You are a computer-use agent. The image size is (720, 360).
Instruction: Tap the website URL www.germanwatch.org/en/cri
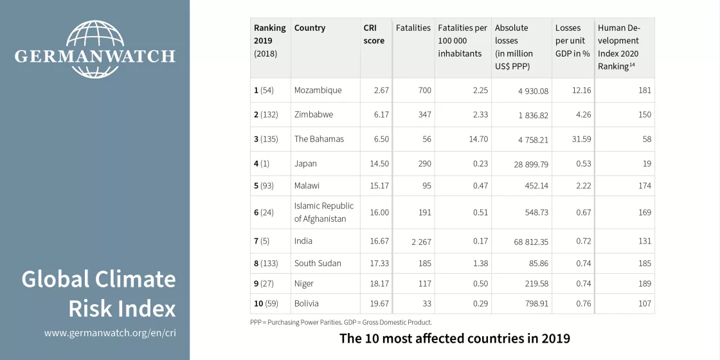click(110, 333)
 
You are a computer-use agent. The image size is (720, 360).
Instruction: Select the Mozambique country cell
click(318, 91)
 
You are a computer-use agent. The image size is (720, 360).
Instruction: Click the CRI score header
click(373, 35)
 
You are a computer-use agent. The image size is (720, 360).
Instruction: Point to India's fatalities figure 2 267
click(421, 242)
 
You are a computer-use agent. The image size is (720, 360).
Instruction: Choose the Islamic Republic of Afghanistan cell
click(324, 212)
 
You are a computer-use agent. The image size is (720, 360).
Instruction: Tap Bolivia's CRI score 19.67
click(377, 303)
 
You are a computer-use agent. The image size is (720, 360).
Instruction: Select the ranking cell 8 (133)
click(265, 264)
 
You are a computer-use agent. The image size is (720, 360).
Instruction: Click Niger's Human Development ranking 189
click(644, 283)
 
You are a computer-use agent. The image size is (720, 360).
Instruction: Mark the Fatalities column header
click(413, 28)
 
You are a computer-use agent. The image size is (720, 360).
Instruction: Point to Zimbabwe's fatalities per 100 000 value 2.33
click(480, 114)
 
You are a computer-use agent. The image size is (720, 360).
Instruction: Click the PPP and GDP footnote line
click(341, 322)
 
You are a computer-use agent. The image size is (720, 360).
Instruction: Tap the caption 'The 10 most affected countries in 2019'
click(455, 338)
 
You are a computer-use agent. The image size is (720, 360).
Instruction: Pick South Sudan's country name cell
click(318, 264)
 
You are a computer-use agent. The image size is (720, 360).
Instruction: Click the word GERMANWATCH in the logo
click(94, 56)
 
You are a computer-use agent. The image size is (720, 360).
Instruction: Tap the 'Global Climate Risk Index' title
click(99, 294)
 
